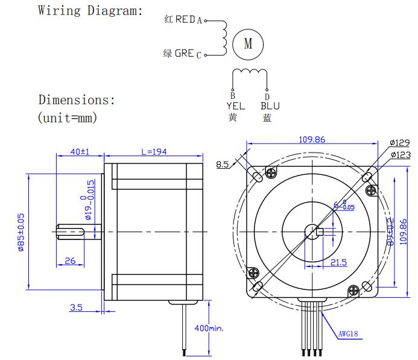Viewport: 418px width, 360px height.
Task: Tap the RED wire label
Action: point(185,19)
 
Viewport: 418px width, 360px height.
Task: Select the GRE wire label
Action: point(184,54)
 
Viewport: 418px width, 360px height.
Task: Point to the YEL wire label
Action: point(235,106)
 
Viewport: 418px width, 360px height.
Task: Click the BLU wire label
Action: point(270,106)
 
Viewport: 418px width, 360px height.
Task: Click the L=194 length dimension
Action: point(153,152)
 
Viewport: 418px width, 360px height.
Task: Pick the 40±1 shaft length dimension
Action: point(80,152)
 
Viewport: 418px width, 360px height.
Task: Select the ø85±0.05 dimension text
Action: point(21,232)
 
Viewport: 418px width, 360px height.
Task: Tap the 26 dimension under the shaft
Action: point(70,261)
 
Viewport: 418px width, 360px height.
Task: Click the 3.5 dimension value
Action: point(76,308)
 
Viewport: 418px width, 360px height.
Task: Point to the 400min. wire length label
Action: point(208,329)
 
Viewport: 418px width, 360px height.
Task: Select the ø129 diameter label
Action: point(399,143)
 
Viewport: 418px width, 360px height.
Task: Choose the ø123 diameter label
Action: point(399,155)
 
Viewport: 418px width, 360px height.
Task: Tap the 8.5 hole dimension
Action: point(223,163)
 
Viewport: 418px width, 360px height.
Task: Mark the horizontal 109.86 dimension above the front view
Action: point(312,139)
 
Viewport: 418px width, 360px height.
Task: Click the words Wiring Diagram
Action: point(90,10)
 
